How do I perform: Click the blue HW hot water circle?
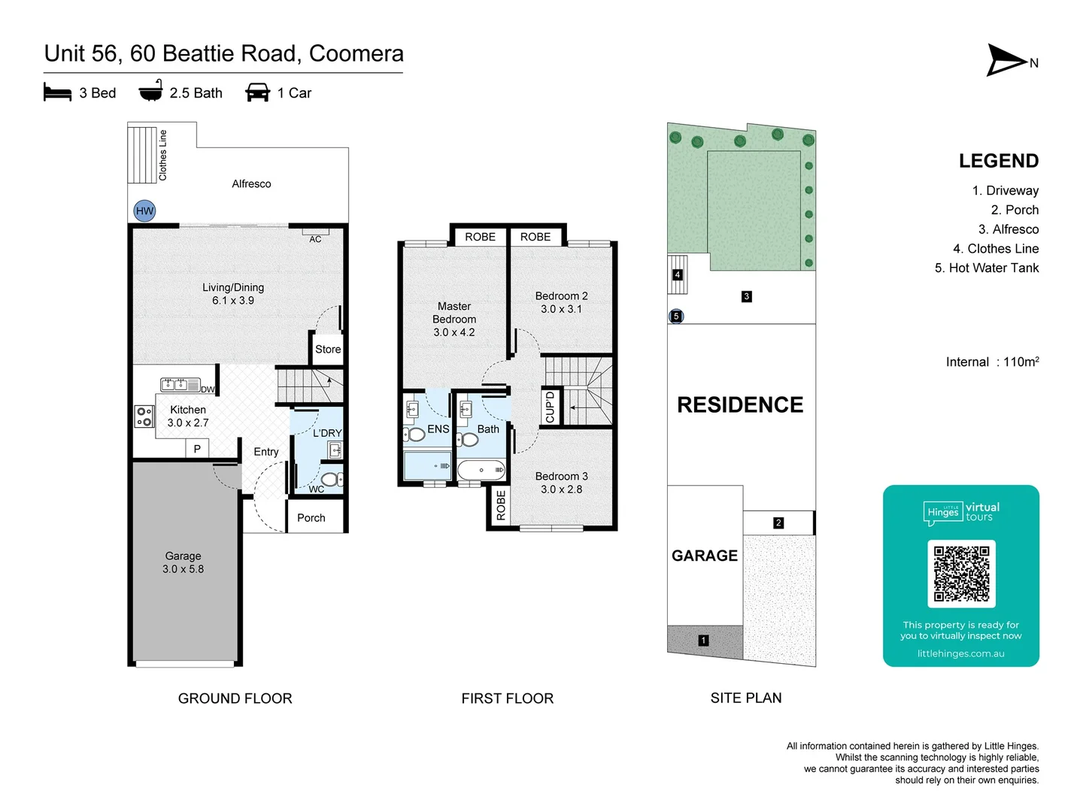coord(144,211)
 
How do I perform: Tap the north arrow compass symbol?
coord(1006,61)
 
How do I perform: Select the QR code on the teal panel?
coord(961,574)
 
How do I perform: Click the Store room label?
coord(328,349)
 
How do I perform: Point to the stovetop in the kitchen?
coord(144,416)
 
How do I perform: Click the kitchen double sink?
coord(180,384)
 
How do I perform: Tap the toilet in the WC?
coord(332,479)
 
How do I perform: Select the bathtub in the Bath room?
coord(481,470)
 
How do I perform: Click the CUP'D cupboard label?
coord(550,408)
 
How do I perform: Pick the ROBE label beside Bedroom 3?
coord(501,505)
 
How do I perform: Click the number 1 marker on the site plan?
coord(704,641)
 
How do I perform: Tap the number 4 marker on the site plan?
coord(678,274)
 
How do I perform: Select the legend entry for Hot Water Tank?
coord(987,268)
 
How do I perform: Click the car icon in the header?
coord(257,92)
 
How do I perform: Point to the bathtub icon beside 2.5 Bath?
coord(151,90)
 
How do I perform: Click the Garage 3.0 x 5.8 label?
coord(183,562)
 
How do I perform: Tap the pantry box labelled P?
coord(197,449)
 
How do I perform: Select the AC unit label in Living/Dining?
coord(315,239)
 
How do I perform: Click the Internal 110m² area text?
coord(993,362)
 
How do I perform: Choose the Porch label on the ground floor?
coord(311,518)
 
